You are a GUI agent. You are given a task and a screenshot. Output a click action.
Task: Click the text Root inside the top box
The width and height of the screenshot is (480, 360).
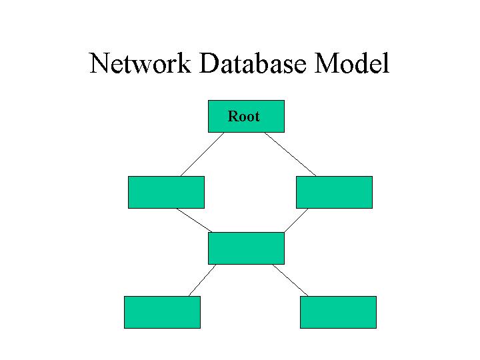[x=243, y=117]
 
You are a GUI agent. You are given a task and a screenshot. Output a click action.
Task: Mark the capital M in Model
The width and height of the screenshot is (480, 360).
[x=325, y=64]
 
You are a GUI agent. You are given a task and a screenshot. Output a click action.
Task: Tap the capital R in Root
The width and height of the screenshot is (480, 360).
[x=233, y=117]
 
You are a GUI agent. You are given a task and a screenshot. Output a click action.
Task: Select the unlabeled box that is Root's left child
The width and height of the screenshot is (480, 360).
[x=166, y=192]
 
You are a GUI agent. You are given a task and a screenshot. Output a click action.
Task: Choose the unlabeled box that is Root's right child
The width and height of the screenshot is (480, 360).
[x=334, y=192]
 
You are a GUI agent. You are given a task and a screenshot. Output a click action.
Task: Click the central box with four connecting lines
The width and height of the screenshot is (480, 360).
[x=246, y=248]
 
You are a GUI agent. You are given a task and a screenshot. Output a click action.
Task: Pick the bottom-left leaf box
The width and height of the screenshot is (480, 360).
[x=162, y=312]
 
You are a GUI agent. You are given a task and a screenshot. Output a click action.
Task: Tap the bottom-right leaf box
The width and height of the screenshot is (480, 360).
[x=338, y=312]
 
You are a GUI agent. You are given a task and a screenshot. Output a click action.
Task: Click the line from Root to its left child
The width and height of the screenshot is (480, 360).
[x=202, y=154]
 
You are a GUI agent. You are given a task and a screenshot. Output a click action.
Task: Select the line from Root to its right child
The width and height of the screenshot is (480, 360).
[x=290, y=154]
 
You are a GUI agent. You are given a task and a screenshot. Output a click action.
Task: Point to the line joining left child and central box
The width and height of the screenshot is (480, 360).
[x=193, y=220]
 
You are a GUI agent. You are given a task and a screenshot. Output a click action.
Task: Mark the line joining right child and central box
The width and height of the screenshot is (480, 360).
[x=297, y=220]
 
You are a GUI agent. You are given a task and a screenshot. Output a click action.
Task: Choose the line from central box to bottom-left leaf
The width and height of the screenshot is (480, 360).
[x=203, y=280]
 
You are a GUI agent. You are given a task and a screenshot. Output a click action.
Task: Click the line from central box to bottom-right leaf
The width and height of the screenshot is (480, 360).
[x=290, y=280]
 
